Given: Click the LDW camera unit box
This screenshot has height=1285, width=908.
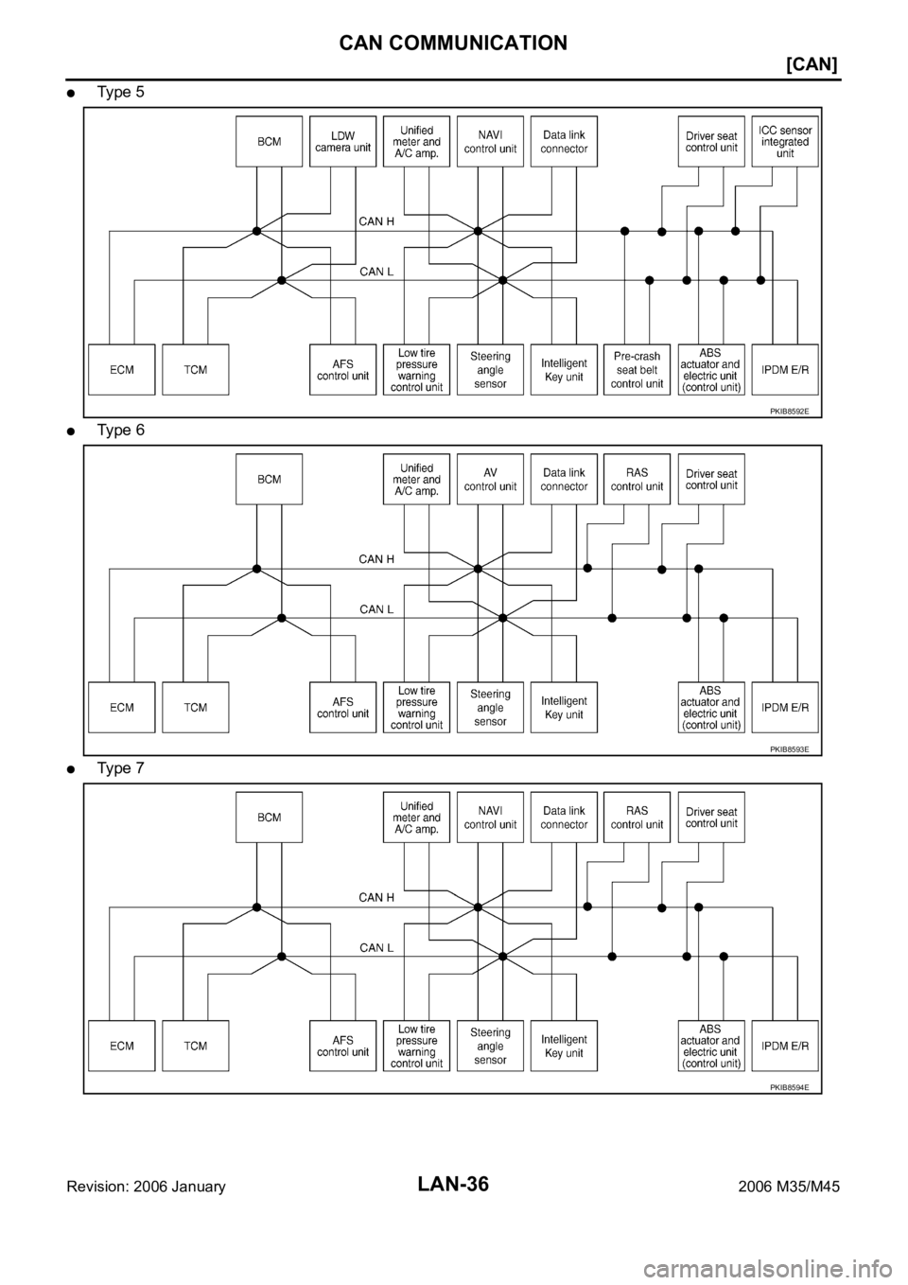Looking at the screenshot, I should pyautogui.click(x=342, y=141).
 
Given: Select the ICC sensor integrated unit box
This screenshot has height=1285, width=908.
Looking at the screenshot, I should pyautogui.click(x=784, y=141).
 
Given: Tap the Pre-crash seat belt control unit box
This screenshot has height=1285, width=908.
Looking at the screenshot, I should pyautogui.click(x=637, y=369).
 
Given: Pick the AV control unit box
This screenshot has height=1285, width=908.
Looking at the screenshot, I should pyautogui.click(x=490, y=479).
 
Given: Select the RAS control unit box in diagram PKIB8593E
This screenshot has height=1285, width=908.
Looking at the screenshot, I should pyautogui.click(x=637, y=479).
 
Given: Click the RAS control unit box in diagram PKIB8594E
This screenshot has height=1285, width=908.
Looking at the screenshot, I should pyautogui.click(x=637, y=817).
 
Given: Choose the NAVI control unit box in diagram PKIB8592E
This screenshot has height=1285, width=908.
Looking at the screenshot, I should pyautogui.click(x=490, y=141).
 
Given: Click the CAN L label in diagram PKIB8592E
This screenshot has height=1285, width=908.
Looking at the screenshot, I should pyautogui.click(x=376, y=272).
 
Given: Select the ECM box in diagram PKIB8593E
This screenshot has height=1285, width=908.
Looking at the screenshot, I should pyautogui.click(x=121, y=707).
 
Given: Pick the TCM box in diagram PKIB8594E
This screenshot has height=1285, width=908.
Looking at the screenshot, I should pyautogui.click(x=195, y=1046).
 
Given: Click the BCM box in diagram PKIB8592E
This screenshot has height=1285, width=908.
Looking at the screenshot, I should pyautogui.click(x=269, y=141).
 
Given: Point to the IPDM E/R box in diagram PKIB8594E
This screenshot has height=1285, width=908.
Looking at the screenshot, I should pyautogui.click(x=784, y=1046).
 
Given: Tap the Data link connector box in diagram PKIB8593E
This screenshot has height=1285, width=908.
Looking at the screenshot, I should pyautogui.click(x=564, y=479).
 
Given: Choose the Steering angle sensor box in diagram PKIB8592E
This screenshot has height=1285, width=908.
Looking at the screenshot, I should pyautogui.click(x=490, y=369).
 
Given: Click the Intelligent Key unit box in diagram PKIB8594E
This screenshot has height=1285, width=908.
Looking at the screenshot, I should pyautogui.click(x=564, y=1046).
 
